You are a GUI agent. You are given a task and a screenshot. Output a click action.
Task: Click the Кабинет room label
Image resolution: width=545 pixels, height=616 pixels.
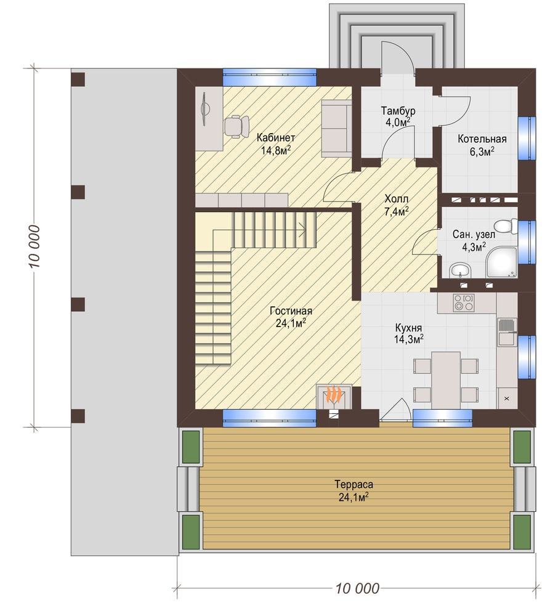276,138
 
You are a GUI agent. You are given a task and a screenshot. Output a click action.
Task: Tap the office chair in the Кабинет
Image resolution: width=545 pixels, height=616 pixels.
236,126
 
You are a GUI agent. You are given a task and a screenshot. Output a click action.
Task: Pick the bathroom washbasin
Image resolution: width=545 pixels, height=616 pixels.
459,270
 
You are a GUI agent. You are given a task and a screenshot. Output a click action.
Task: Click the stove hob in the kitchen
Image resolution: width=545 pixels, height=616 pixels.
464,303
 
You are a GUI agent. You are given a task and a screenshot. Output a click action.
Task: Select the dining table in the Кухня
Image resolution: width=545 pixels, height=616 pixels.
446,380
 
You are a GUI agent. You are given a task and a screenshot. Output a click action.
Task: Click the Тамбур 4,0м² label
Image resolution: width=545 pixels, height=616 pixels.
398,116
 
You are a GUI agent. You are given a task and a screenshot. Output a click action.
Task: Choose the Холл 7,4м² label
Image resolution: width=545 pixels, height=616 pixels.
396,205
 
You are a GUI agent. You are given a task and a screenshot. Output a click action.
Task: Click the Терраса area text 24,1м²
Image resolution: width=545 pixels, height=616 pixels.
353,497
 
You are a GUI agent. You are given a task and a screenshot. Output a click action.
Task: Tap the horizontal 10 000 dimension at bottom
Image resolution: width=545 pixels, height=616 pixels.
357,588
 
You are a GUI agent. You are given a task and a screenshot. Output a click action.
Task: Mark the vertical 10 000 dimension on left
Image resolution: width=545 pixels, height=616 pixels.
34,246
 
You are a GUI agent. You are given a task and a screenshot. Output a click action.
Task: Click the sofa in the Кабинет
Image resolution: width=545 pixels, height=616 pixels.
336,129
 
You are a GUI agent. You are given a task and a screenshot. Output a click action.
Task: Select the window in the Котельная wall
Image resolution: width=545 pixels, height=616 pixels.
526,138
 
